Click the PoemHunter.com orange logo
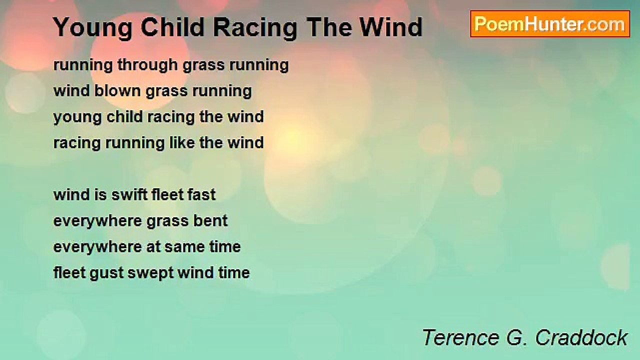click(550, 24)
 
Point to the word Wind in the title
click(391, 27)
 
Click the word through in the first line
click(147, 65)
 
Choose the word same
click(184, 247)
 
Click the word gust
click(106, 273)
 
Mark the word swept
click(150, 273)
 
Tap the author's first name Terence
click(461, 337)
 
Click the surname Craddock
click(581, 337)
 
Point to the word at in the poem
click(153, 247)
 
